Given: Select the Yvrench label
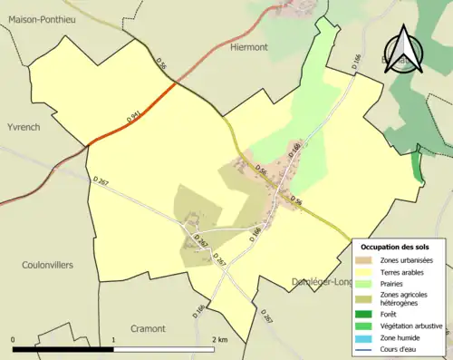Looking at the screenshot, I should point(23,127).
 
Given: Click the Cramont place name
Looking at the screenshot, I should point(148,327).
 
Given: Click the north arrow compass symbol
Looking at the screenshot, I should point(403,52).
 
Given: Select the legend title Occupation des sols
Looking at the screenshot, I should point(397,247).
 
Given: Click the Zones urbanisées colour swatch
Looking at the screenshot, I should point(365,260).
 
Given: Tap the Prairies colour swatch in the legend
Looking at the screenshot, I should point(365,283).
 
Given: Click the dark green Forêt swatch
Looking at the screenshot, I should point(365,314).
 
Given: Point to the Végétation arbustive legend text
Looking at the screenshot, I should point(413,325).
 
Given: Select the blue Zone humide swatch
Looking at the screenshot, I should point(365,336).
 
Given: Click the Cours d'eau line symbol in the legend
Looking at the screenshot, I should point(365,346).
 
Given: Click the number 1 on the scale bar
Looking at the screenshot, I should point(113,339).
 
